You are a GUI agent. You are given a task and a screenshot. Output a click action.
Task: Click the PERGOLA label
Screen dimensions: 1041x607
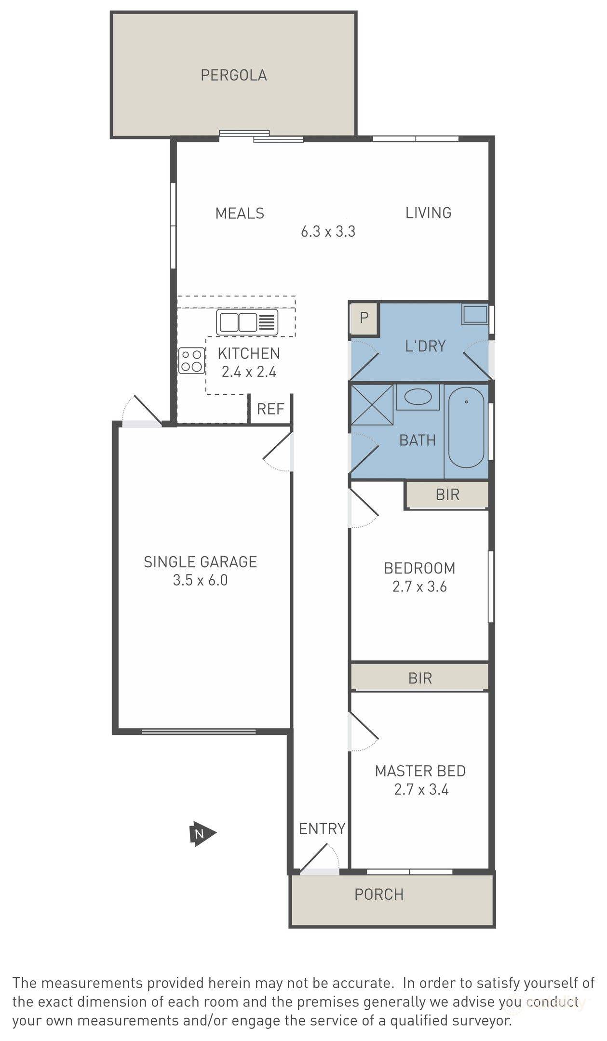pyautogui.click(x=233, y=75)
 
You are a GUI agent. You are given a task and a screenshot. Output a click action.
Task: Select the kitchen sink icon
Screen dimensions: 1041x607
pyautogui.click(x=247, y=322)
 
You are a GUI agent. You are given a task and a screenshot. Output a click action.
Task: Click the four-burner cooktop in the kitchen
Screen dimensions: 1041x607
pyautogui.click(x=191, y=360)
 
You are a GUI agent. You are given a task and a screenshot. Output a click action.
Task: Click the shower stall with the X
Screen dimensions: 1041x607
pyautogui.click(x=371, y=403)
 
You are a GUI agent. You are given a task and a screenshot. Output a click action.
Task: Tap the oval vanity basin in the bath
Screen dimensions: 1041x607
pyautogui.click(x=418, y=397)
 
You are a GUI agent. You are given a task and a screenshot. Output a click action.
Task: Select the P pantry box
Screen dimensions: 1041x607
pyautogui.click(x=364, y=318)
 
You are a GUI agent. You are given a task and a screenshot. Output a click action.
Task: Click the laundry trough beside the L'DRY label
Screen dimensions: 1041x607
pyautogui.click(x=475, y=314)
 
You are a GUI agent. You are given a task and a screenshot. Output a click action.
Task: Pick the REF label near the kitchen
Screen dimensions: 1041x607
pyautogui.click(x=270, y=409)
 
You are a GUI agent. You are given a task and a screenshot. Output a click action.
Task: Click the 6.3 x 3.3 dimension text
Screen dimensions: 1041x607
pyautogui.click(x=328, y=232)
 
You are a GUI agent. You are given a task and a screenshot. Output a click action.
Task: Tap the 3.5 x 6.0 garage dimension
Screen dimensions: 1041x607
pyautogui.click(x=200, y=580)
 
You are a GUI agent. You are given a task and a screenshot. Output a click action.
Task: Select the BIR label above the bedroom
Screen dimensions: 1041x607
pyautogui.click(x=447, y=495)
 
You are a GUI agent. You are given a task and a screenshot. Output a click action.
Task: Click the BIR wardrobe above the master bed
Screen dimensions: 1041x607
pyautogui.click(x=419, y=678)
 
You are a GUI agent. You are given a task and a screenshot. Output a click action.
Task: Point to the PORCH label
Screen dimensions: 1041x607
pyautogui.click(x=378, y=894)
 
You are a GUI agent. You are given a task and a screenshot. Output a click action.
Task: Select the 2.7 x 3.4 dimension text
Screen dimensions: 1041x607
pyautogui.click(x=421, y=790)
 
